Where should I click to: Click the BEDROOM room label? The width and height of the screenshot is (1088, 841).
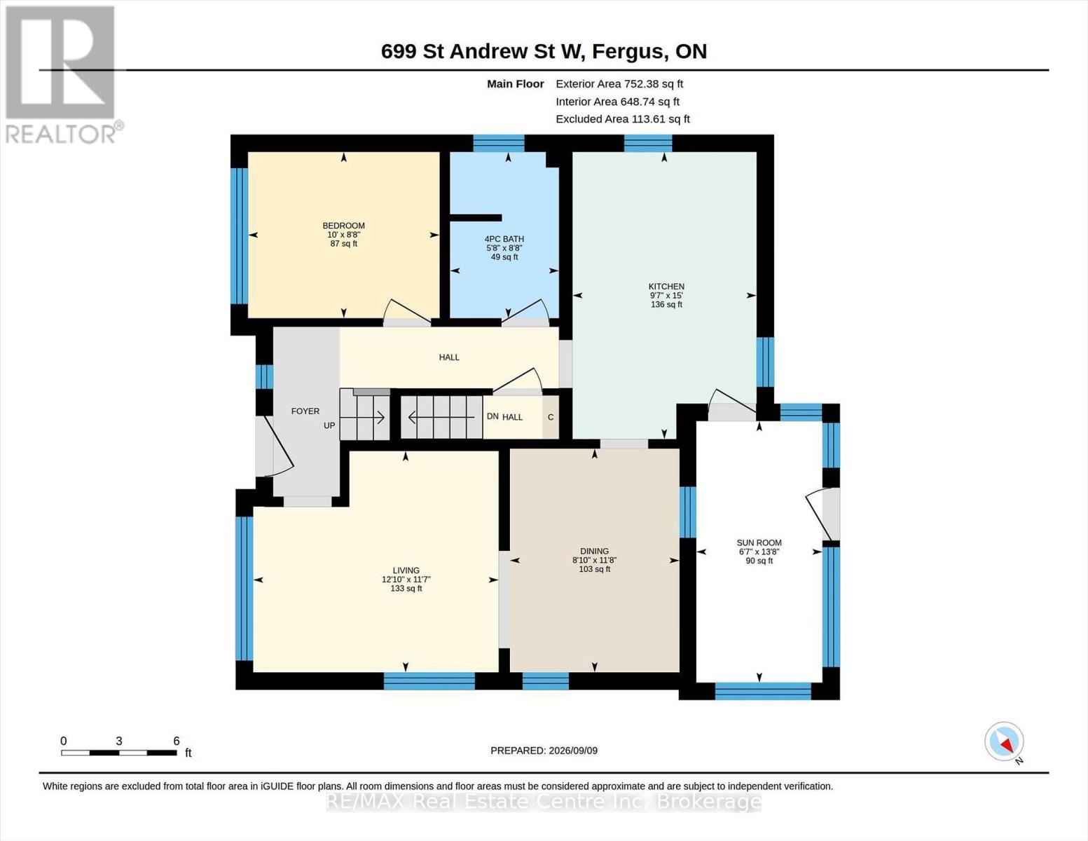pyautogui.click(x=343, y=226)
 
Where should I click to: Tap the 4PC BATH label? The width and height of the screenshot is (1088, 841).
pyautogui.click(x=504, y=239)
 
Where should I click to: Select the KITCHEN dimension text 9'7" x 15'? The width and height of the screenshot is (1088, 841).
pyautogui.click(x=666, y=296)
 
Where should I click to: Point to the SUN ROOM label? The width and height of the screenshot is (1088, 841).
pyautogui.click(x=759, y=542)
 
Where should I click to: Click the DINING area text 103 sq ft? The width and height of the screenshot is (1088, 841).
pyautogui.click(x=594, y=569)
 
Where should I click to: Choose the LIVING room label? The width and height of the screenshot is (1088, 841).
pyautogui.click(x=406, y=570)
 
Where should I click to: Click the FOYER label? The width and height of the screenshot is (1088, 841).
pyautogui.click(x=305, y=411)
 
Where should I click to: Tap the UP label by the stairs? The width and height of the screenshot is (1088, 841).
pyautogui.click(x=329, y=426)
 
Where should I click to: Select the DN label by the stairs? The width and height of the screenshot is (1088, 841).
pyautogui.click(x=493, y=417)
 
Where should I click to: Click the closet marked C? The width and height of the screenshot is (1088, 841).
pyautogui.click(x=551, y=417)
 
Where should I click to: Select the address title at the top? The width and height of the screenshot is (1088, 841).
pyautogui.click(x=544, y=52)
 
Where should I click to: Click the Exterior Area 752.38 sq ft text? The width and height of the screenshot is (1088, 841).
pyautogui.click(x=619, y=84)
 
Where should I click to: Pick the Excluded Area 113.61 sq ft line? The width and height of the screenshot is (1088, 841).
pyautogui.click(x=623, y=119)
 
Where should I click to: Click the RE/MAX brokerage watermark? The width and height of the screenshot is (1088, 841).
pyautogui.click(x=544, y=802)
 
